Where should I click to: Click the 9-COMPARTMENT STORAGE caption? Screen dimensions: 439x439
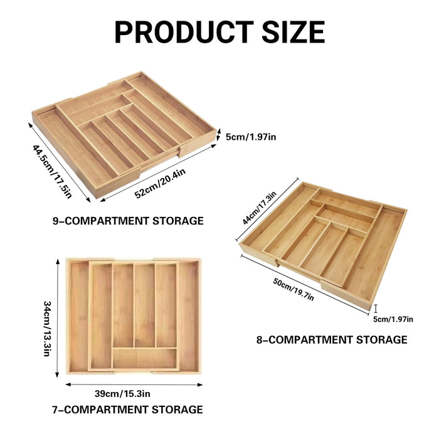128,221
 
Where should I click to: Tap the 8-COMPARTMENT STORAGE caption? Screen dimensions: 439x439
332,339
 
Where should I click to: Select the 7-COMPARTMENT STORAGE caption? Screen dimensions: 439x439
127,410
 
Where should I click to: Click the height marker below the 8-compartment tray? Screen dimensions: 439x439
375,308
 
